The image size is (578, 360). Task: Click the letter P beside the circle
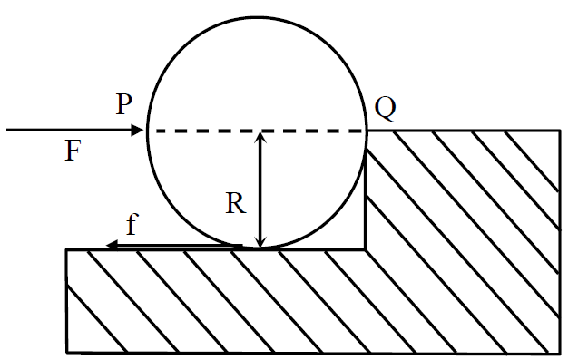click(123, 104)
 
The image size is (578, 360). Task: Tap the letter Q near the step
click(386, 108)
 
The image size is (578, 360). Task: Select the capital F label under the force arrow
click(73, 151)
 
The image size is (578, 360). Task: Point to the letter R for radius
click(236, 203)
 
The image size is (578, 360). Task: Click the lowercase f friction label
click(132, 224)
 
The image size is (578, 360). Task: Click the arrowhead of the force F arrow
click(138, 130)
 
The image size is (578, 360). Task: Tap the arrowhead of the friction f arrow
click(112, 245)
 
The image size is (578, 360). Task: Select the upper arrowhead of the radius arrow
click(260, 136)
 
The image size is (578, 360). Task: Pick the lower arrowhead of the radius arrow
click(260, 242)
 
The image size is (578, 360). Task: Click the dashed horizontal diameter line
click(259, 131)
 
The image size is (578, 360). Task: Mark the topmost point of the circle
click(258, 17)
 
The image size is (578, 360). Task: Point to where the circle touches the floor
click(260, 248)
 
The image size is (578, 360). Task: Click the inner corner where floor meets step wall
click(366, 249)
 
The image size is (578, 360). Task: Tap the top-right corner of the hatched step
click(561, 130)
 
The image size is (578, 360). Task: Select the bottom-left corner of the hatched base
click(67, 352)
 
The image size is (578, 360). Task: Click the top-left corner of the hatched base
click(67, 250)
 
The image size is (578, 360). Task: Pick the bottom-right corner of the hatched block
click(561, 353)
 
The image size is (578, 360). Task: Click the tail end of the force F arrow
click(7, 130)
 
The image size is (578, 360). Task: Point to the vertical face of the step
click(366, 199)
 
